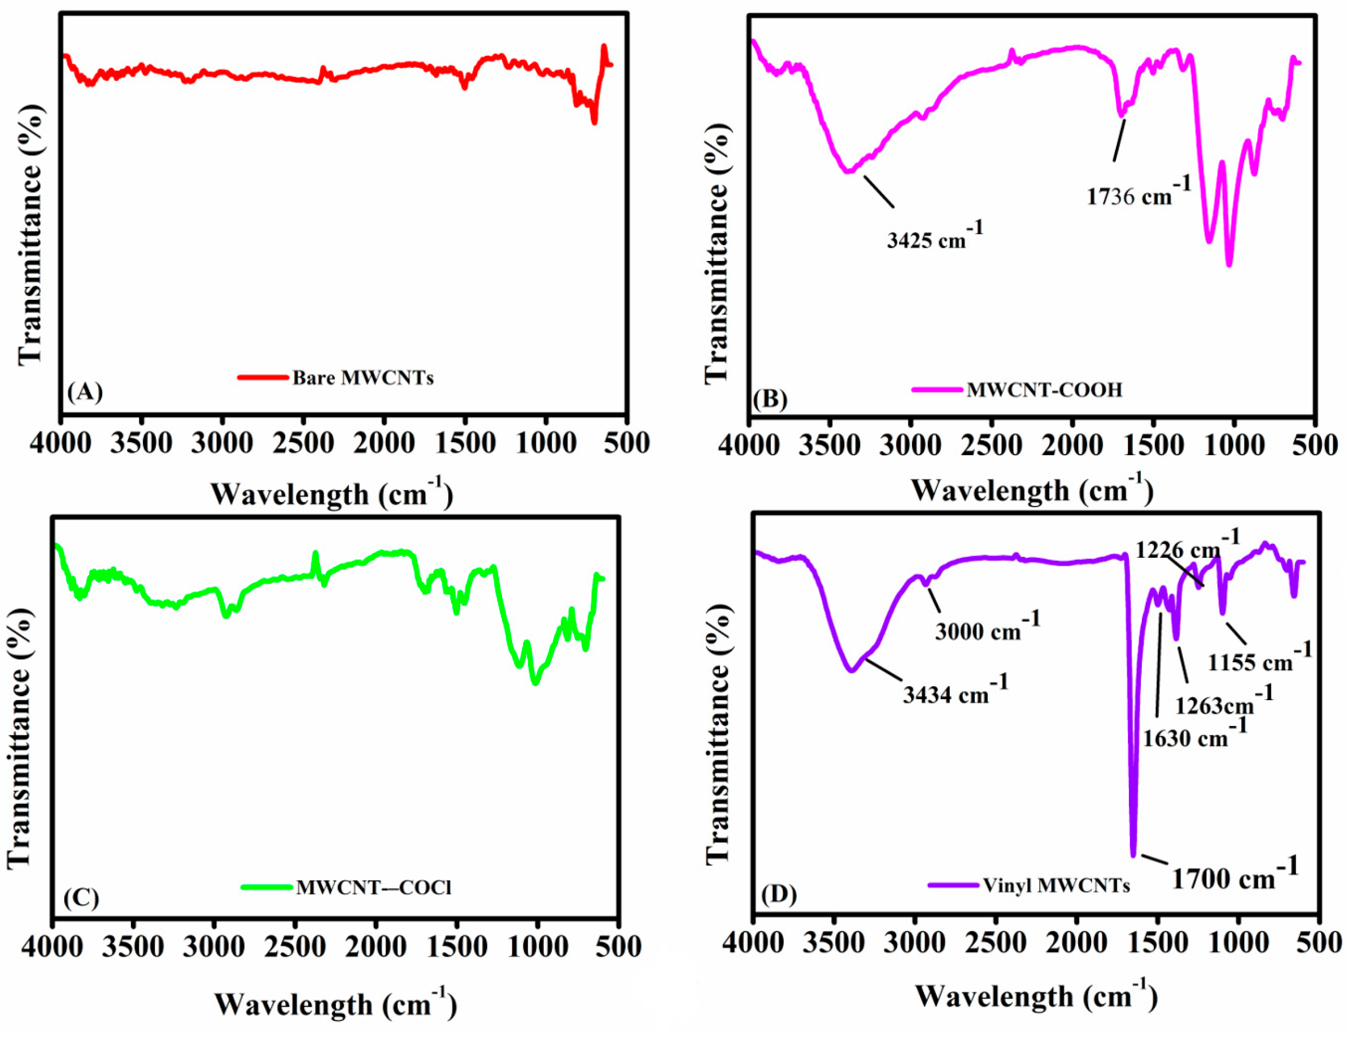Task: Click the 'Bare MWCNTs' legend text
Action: (x=363, y=377)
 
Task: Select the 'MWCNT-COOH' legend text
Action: (x=1044, y=390)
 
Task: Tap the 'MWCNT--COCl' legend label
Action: (x=373, y=888)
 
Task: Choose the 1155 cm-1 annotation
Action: (x=1259, y=660)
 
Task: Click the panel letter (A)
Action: (x=85, y=392)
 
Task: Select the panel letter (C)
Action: (x=81, y=897)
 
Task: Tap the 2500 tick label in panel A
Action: (x=303, y=444)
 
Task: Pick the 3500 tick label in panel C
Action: (x=133, y=947)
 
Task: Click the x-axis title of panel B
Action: (x=1032, y=492)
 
